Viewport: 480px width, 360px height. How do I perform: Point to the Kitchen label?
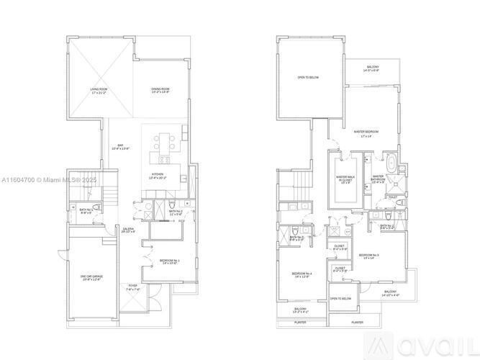pyautogui.click(x=158, y=177)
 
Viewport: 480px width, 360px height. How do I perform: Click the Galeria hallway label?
pyautogui.click(x=128, y=230)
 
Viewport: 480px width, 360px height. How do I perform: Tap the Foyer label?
pyautogui.click(x=133, y=287)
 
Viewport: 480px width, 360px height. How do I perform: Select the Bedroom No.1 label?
pyautogui.click(x=170, y=261)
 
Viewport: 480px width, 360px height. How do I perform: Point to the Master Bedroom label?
pyautogui.click(x=367, y=133)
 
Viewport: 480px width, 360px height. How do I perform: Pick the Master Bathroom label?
pyautogui.click(x=379, y=179)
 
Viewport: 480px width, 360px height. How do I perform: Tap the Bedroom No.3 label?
pyautogui.click(x=369, y=256)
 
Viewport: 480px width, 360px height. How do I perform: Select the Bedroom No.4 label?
pyautogui.click(x=302, y=275)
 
